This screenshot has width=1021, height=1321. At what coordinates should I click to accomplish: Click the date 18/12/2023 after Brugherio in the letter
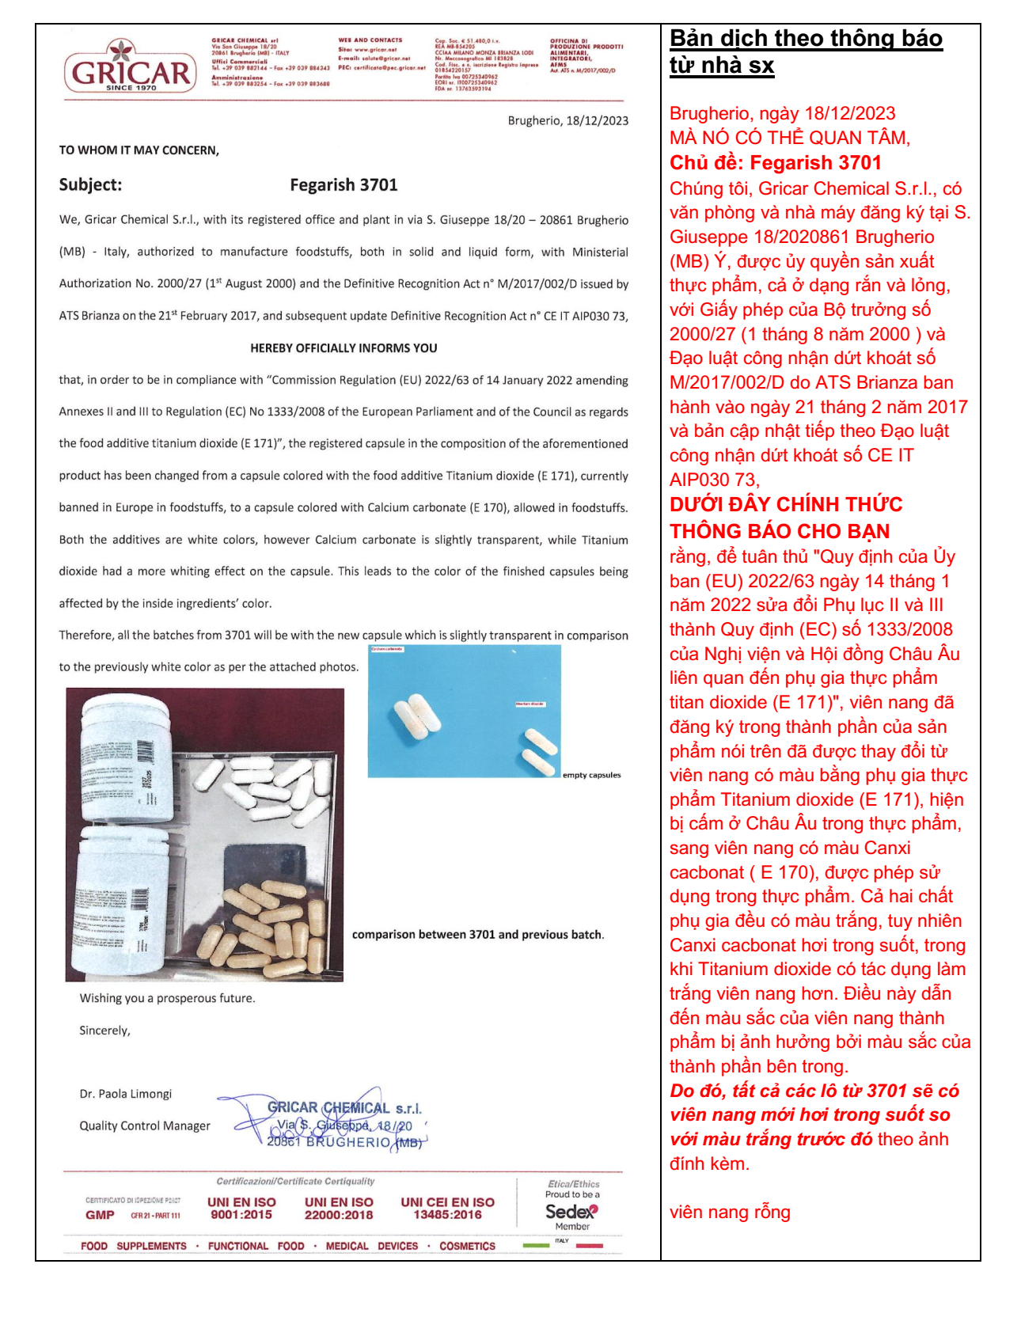(x=597, y=121)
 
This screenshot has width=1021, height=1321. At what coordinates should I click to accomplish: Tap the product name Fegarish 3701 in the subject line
(x=343, y=185)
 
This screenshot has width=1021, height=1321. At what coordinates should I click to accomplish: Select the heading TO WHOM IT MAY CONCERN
(x=139, y=150)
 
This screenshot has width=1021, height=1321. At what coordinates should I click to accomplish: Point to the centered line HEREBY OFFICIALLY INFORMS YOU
(x=343, y=348)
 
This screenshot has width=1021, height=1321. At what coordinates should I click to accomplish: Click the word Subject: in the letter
(x=90, y=185)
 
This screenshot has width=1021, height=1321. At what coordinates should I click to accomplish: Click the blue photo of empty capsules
(x=465, y=711)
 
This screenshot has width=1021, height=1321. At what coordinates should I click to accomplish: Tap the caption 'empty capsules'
(x=591, y=775)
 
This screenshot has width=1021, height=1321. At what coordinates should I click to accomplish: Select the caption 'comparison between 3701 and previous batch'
(x=477, y=935)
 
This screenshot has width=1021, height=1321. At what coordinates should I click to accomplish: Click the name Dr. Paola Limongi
(x=125, y=1094)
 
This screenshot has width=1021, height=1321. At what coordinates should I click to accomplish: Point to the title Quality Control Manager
(x=144, y=1126)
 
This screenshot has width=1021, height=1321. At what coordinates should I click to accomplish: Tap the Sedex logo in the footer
(x=571, y=1211)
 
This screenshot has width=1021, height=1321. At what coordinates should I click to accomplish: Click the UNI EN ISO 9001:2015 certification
(x=241, y=1208)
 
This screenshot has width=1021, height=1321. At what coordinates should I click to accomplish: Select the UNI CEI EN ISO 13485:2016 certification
(x=447, y=1208)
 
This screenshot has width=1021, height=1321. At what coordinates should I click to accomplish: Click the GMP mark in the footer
(x=100, y=1215)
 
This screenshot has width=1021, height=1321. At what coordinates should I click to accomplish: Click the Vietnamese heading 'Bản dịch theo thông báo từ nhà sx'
(x=806, y=51)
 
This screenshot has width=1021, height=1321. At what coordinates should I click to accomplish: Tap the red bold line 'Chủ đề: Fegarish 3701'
(x=775, y=163)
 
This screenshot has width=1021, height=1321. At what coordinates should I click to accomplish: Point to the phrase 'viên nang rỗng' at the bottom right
(x=730, y=1212)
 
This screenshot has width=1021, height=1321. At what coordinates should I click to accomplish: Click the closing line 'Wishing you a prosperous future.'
(x=167, y=999)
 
